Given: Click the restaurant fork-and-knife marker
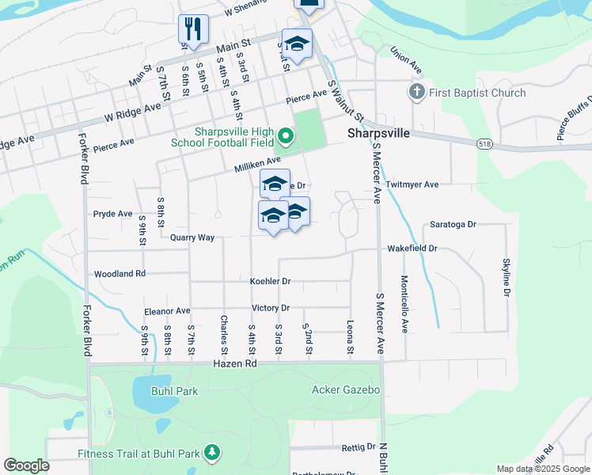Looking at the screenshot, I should coord(193,29).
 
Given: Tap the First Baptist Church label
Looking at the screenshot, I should coord(477,93).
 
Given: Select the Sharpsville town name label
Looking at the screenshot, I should coord(379,134).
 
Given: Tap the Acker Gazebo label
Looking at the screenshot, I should coord(347,389).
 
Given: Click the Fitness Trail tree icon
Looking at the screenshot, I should coord(211,453).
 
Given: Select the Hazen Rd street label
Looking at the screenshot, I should coord(235,363).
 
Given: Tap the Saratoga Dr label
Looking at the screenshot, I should coord(453,225).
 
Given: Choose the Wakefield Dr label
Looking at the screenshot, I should coord(412,249).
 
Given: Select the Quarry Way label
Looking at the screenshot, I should coord(192,237).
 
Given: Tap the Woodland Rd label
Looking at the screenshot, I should coord(120,274).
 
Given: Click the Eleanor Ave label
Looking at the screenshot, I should coord(167,311).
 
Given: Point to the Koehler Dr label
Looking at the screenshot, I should coord(271,281).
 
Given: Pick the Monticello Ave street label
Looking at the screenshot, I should coord(404,304).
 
